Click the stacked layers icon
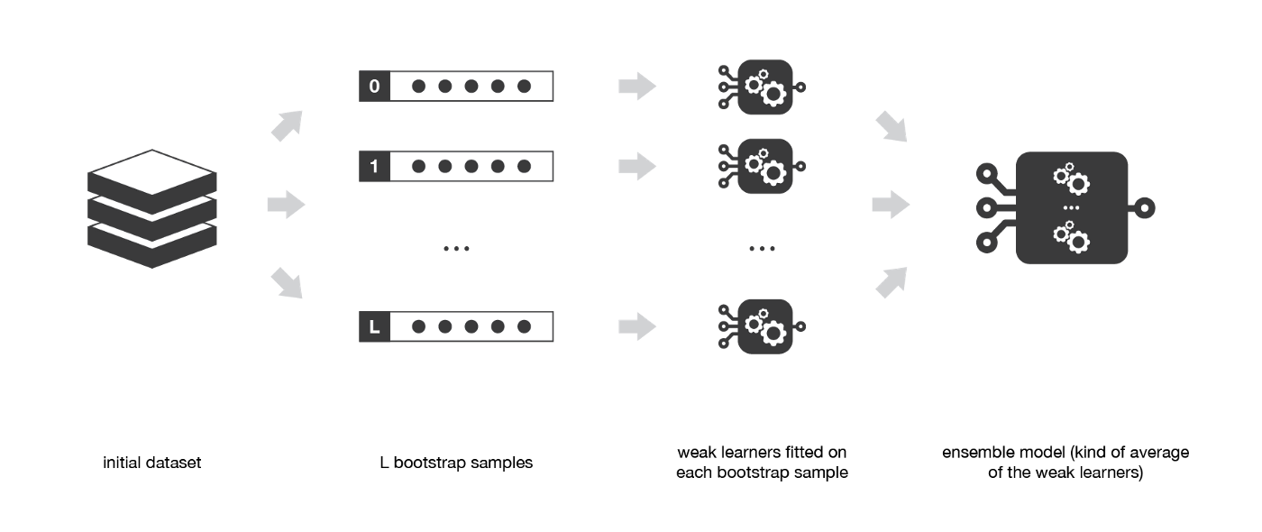point(152,208)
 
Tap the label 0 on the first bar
point(374,87)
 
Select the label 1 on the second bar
point(374,167)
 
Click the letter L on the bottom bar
point(374,326)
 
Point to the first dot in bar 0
point(418,87)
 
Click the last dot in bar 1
point(524,167)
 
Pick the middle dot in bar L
point(471,326)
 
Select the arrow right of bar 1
point(636,167)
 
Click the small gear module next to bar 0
point(764,87)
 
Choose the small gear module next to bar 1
point(764,167)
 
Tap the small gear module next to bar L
point(764,326)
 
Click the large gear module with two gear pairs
point(1071,208)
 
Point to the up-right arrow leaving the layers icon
point(287,125)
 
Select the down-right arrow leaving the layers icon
point(287,283)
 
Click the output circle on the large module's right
point(1145,208)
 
